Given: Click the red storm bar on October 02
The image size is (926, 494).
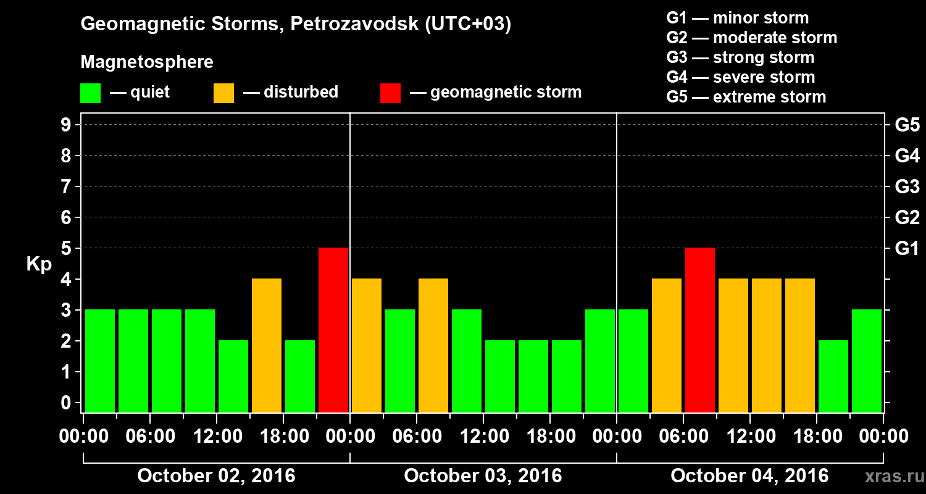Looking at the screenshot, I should click(333, 330).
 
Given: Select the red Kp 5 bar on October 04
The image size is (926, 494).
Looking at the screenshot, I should click(700, 330).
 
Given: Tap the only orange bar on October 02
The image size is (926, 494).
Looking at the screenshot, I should click(267, 345).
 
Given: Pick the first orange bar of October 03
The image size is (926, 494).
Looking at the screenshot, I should click(367, 345).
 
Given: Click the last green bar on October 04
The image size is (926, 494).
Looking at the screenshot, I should click(867, 361).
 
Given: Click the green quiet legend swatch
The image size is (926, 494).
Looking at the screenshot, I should click(90, 93).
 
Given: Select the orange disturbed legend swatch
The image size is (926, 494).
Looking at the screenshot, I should click(223, 93).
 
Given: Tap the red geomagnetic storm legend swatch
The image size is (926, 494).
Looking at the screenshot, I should click(390, 93).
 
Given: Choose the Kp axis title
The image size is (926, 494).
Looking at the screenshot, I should click(38, 264).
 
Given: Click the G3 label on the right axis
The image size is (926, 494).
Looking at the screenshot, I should click(907, 186).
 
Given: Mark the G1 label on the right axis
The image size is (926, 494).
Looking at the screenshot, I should click(907, 248).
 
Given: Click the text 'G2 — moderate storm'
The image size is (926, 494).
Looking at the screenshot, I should click(751, 38).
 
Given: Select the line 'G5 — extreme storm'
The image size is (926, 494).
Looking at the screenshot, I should click(746, 97).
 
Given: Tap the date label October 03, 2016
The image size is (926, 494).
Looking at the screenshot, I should click(483, 475).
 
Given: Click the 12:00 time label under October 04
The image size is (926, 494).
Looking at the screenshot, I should click(749, 436).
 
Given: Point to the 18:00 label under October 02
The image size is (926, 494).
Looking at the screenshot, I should click(283, 436).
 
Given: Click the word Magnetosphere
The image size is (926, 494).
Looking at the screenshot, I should click(147, 62).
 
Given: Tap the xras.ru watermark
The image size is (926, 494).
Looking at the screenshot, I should click(889, 476).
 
